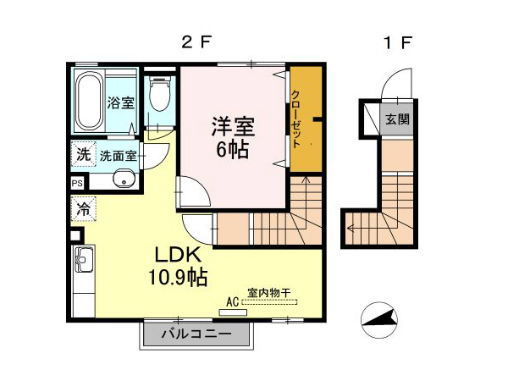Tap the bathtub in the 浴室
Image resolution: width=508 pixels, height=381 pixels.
(x=88, y=101)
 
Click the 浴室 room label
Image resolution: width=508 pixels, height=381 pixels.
(x=120, y=103)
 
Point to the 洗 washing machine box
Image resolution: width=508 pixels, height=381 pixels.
(x=82, y=155)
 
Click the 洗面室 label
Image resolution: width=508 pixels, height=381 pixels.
(x=118, y=156)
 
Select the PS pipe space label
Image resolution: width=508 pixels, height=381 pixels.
(x=77, y=183)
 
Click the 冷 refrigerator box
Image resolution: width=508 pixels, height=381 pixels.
(x=83, y=207)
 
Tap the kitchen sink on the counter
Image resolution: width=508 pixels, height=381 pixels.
(x=85, y=260)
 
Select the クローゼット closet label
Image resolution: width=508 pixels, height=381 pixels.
(x=296, y=119)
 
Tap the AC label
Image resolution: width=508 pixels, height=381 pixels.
(x=233, y=301)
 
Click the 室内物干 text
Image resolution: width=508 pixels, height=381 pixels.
(x=268, y=293)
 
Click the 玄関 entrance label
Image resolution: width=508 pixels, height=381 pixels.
(x=397, y=119)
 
